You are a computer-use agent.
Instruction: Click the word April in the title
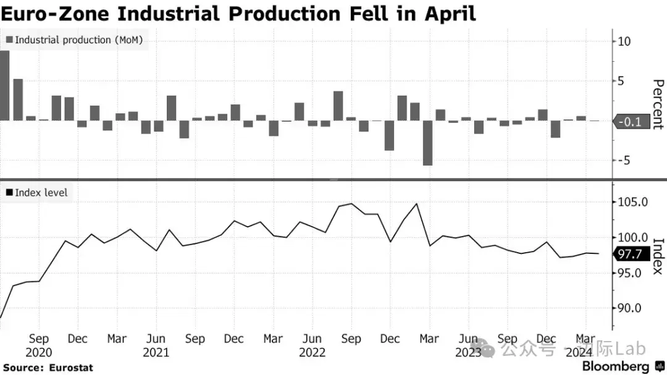click(x=450, y=14)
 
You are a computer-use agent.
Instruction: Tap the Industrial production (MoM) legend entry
click(x=75, y=40)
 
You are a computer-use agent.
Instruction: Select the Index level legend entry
click(x=36, y=193)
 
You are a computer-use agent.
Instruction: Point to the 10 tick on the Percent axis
click(x=624, y=42)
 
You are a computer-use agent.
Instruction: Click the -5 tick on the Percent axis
click(x=624, y=161)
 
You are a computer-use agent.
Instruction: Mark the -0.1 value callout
click(x=631, y=122)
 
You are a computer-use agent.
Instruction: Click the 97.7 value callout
click(x=631, y=254)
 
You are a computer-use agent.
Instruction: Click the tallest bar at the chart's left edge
click(x=4, y=85)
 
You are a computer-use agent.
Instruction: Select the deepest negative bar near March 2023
click(x=427, y=143)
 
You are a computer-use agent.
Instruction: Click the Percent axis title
click(x=658, y=104)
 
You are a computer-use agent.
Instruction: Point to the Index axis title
click(x=658, y=256)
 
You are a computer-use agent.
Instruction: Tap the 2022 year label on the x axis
click(x=313, y=353)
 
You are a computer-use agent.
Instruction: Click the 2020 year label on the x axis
click(x=39, y=353)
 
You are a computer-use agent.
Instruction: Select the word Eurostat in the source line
click(x=70, y=368)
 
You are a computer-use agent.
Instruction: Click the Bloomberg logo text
click(x=616, y=366)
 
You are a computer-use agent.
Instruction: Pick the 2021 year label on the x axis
click(x=156, y=353)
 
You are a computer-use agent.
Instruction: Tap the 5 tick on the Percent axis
click(x=621, y=81)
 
